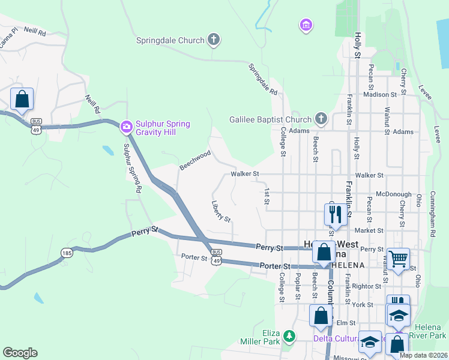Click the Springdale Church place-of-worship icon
point(213,40)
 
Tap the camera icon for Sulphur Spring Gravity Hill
point(126,125)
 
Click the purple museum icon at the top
point(306,25)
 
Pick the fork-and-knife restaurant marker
point(334,214)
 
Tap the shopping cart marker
point(398,259)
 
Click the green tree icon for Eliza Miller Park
point(290,335)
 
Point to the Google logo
point(20,353)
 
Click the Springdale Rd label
point(264,79)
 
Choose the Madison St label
point(380,94)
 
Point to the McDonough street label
point(394,194)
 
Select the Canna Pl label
point(8,28)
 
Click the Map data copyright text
point(423,355)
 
